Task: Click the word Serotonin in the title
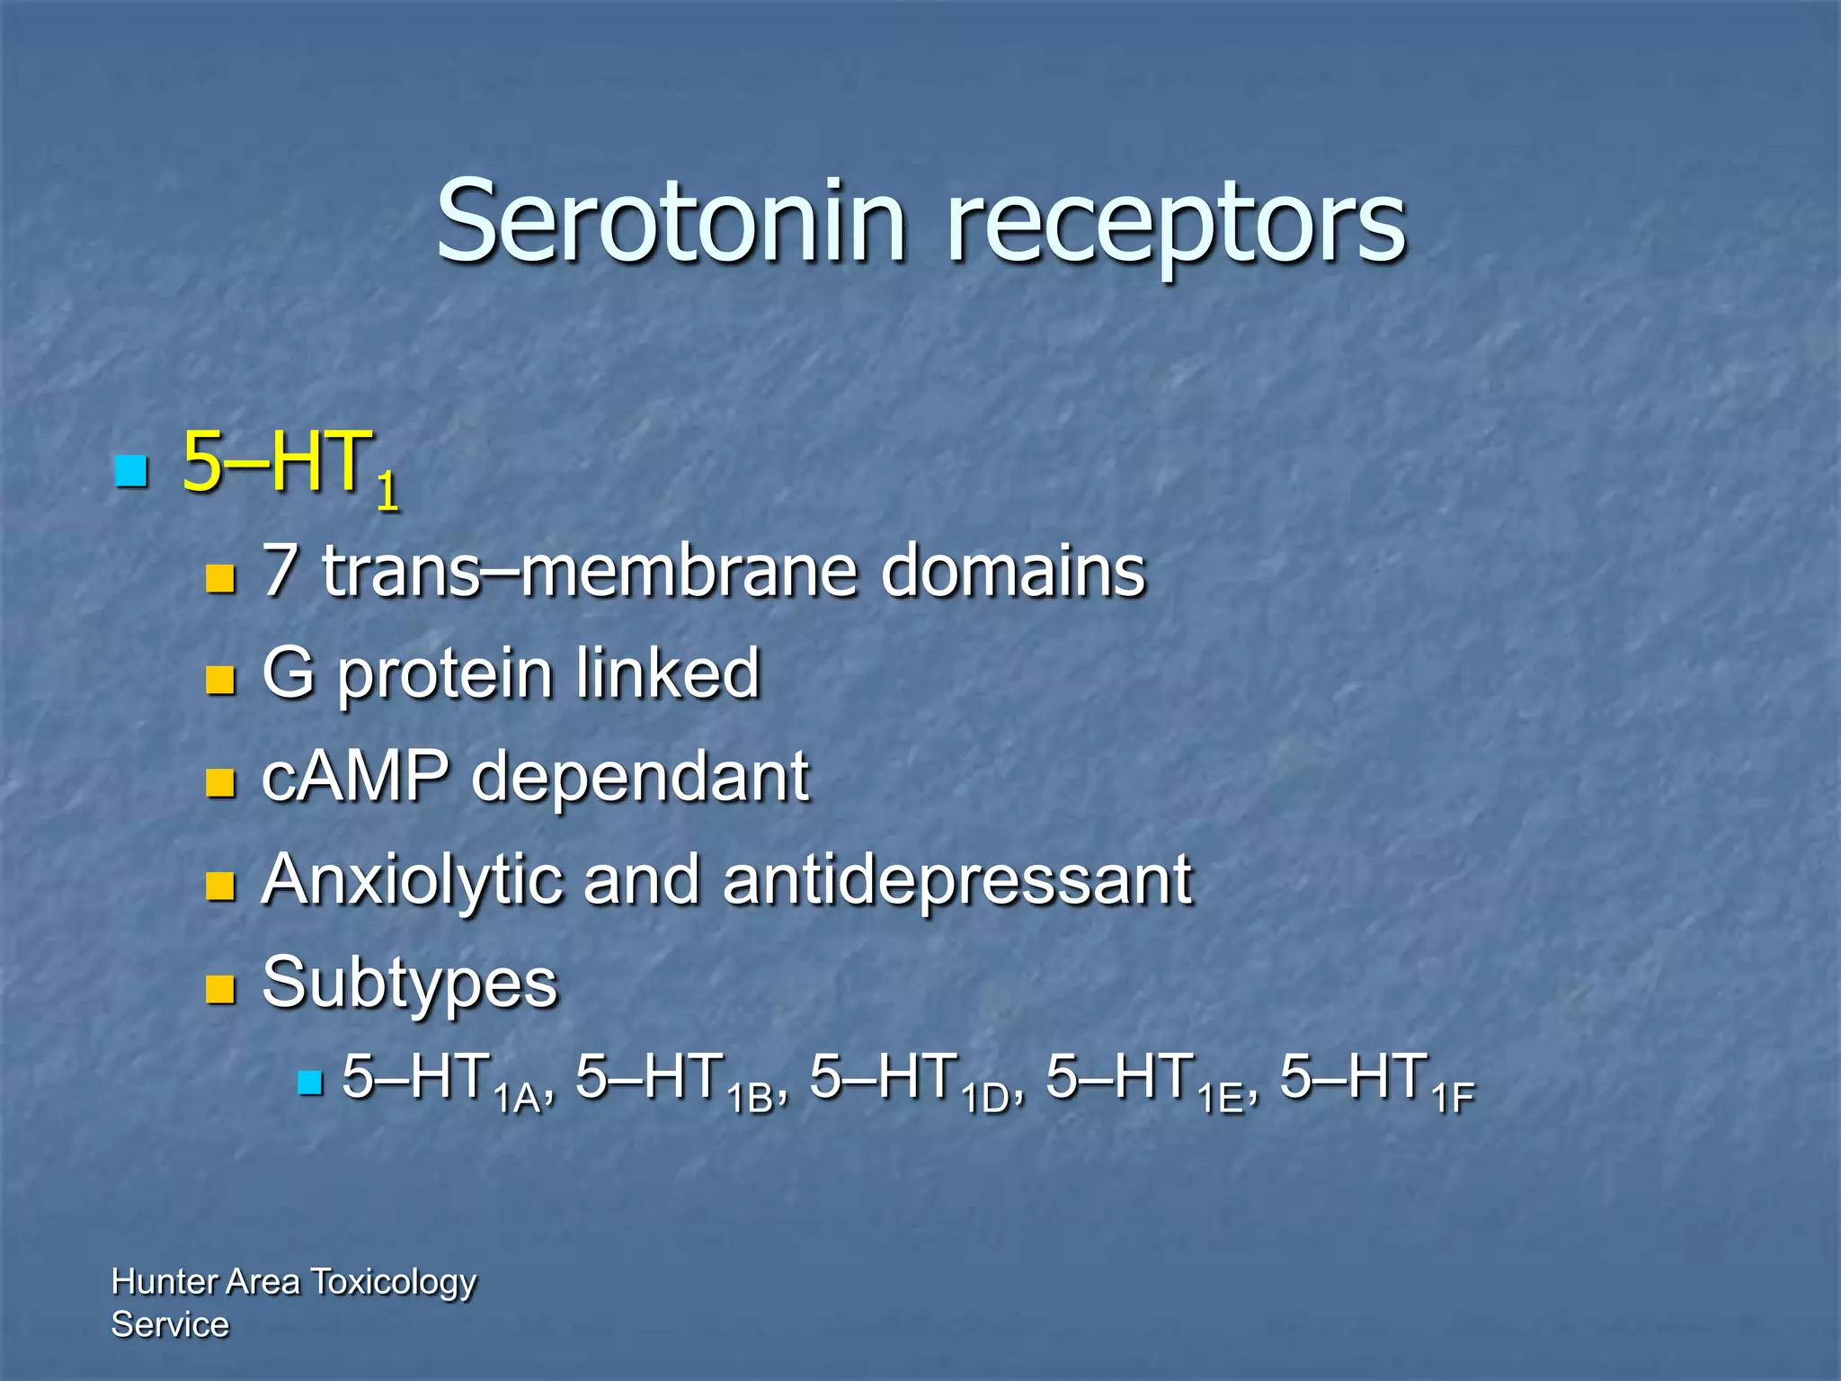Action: (x=670, y=222)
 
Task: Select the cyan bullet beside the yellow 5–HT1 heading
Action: (x=131, y=470)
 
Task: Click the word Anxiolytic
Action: (x=410, y=881)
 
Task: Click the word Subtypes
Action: (x=410, y=983)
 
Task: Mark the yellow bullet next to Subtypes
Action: (x=220, y=988)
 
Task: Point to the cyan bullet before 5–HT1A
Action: (x=309, y=1083)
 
